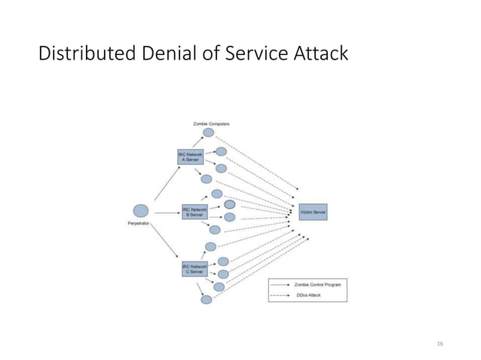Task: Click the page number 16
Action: [440, 343]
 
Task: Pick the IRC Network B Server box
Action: [195, 212]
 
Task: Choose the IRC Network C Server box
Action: [195, 268]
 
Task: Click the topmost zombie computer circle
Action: [208, 133]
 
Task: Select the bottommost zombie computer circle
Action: [207, 299]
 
